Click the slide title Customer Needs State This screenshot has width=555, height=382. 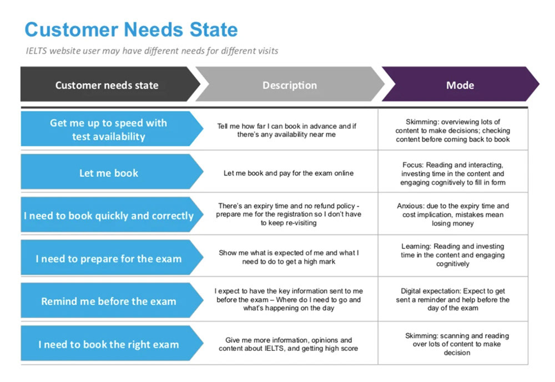[x=131, y=29]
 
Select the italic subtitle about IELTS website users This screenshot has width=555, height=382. [x=152, y=51]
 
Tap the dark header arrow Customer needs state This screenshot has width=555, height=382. [x=110, y=84]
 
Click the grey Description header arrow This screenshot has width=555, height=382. [x=290, y=84]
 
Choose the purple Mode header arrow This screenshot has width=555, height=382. [x=460, y=84]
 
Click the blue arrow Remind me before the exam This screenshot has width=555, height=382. [x=112, y=300]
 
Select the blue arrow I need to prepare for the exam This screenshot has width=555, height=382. [x=112, y=258]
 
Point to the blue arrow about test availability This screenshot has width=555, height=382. [x=112, y=129]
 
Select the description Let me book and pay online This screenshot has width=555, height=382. [x=289, y=173]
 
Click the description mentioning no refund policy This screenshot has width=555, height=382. [x=289, y=214]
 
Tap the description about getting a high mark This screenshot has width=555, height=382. [x=289, y=257]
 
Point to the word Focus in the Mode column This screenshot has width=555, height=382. [x=412, y=165]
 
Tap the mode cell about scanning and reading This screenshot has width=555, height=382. [x=457, y=344]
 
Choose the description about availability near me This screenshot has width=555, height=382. [x=287, y=130]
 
